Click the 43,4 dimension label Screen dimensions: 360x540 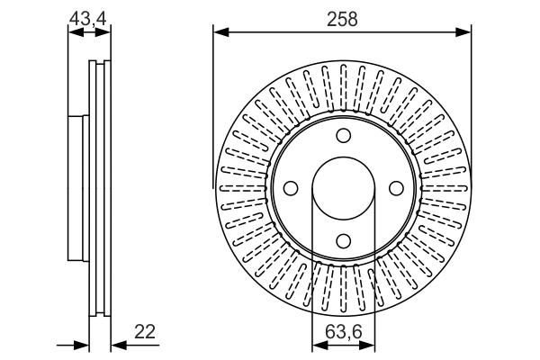(x=88, y=15)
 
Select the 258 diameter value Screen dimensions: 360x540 (x=343, y=17)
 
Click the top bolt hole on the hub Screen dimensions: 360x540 (x=343, y=135)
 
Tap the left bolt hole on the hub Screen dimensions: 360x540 (x=291, y=187)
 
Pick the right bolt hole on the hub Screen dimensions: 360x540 (x=395, y=187)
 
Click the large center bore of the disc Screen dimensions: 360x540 (x=343, y=187)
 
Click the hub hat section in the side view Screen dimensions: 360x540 (x=78, y=187)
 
